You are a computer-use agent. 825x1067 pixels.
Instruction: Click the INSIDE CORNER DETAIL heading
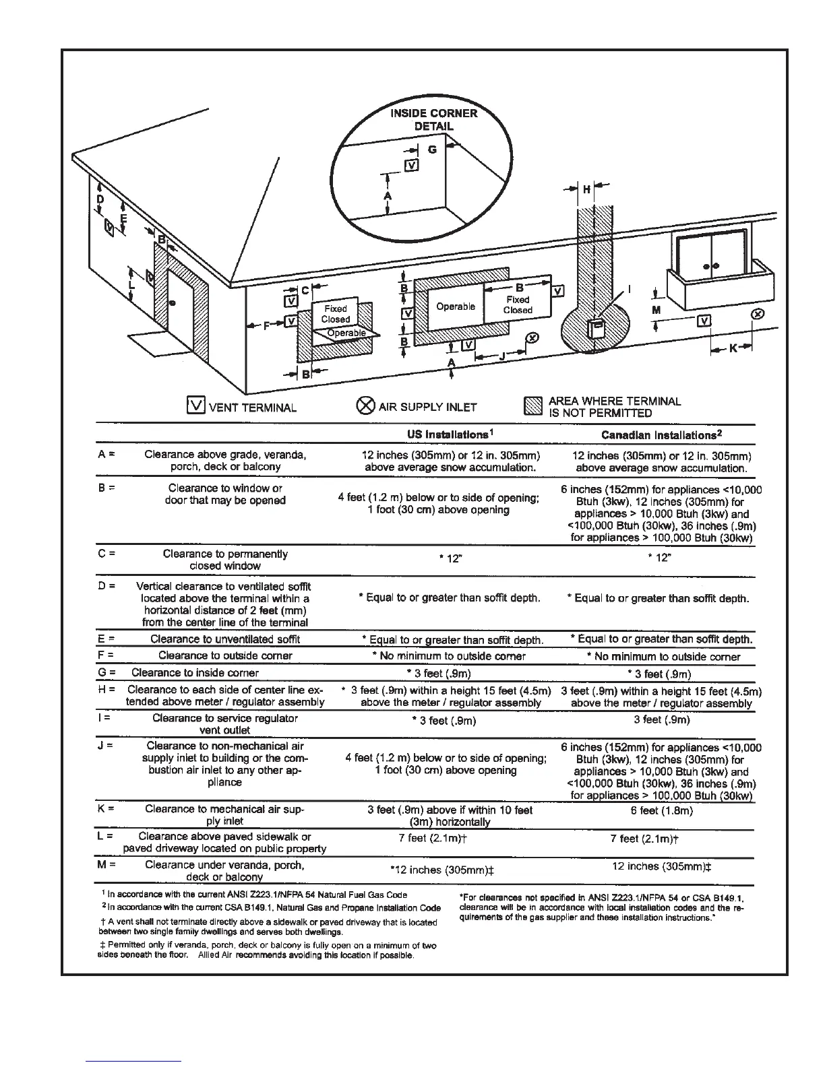coord(434,119)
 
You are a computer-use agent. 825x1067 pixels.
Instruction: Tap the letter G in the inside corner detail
coord(432,150)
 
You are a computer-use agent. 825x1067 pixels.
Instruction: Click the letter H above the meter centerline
coord(586,189)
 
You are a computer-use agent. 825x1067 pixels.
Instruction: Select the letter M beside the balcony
coord(656,310)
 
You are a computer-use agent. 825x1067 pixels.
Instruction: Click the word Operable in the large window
coord(456,306)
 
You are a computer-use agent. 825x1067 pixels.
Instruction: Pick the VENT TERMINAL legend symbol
coord(195,406)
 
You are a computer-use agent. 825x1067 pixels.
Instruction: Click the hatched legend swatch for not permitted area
coord(533,406)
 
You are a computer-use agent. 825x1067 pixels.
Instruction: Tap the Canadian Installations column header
coord(661,435)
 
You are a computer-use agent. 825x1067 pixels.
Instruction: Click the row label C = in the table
coord(106,554)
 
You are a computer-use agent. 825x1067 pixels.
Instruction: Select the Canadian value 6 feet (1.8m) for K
coord(661,810)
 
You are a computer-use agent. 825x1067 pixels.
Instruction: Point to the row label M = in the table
coord(106,864)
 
